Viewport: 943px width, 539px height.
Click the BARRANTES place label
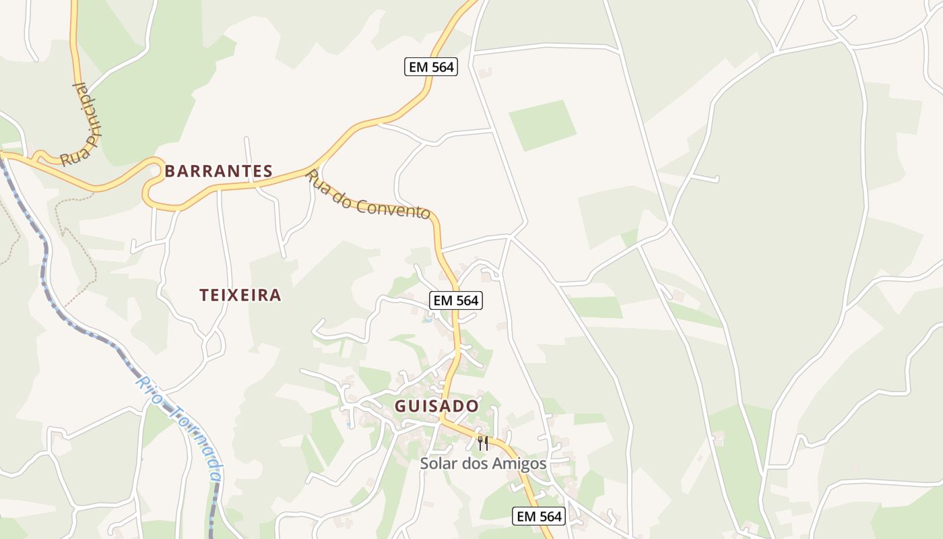pyautogui.click(x=218, y=171)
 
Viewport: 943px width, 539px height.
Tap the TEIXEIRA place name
pyautogui.click(x=240, y=295)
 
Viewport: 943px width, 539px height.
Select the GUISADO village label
pyautogui.click(x=436, y=406)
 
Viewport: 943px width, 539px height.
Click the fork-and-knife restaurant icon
pyautogui.click(x=482, y=443)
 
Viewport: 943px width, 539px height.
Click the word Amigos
pyautogui.click(x=519, y=464)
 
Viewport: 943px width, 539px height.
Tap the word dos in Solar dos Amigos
pyautogui.click(x=476, y=464)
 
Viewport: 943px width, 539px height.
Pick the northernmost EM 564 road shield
pyautogui.click(x=431, y=67)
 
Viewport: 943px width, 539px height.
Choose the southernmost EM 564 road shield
pyautogui.click(x=539, y=516)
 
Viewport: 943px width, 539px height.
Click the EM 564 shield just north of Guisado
pyautogui.click(x=456, y=300)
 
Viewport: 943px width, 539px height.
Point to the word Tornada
pyautogui.click(x=199, y=442)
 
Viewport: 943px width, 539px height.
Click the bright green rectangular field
pyautogui.click(x=542, y=125)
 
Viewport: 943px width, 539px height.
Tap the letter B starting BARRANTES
pyautogui.click(x=170, y=171)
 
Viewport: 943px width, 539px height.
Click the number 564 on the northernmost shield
pyautogui.click(x=442, y=67)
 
